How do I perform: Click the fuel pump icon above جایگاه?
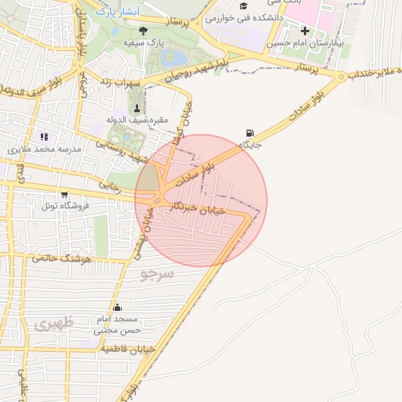point(250,132)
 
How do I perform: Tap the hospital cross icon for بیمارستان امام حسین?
point(305,31)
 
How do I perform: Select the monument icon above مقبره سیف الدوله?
point(138,108)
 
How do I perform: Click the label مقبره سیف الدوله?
point(127,120)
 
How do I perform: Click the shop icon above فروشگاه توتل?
point(64,194)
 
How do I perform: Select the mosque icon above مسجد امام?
point(117,307)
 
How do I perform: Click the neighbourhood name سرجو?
point(156,272)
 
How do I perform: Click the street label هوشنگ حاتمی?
point(64,257)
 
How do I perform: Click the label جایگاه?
point(250,144)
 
